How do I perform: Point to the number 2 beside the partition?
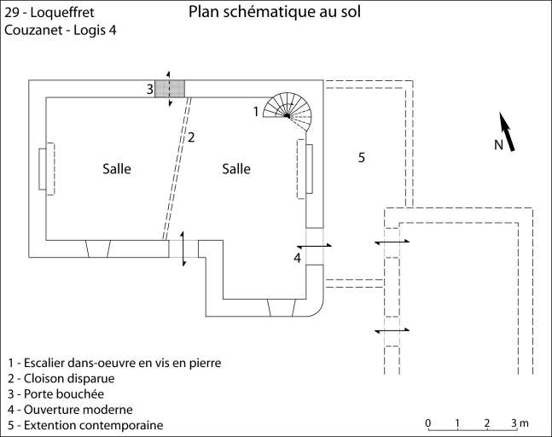click(x=192, y=137)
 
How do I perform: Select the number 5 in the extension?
click(x=361, y=157)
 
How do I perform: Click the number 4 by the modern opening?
click(x=297, y=257)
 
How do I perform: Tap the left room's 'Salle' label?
click(x=117, y=169)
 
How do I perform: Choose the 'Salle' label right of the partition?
click(x=236, y=169)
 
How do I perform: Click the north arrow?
click(x=507, y=132)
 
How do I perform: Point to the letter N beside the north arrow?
click(x=499, y=145)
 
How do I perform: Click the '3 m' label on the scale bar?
click(x=520, y=423)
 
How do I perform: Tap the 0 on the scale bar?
click(x=427, y=423)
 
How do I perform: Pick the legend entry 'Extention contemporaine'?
click(x=84, y=425)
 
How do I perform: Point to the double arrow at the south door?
click(x=183, y=248)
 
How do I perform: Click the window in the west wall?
click(x=44, y=171)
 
